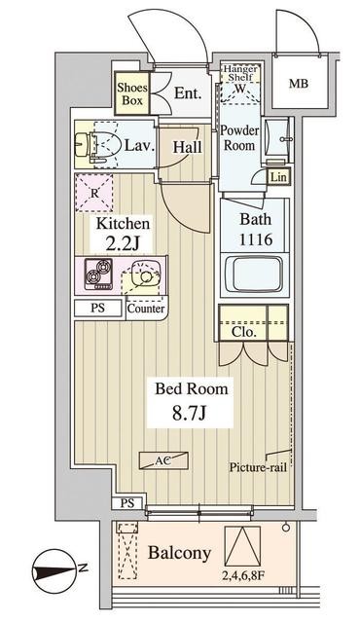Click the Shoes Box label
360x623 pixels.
132,93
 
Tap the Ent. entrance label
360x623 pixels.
188,93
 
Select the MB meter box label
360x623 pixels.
299,84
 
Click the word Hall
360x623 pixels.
188,147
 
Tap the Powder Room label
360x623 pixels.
239,137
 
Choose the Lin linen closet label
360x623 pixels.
278,177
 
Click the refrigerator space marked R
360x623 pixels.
94,193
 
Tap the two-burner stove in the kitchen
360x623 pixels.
98,272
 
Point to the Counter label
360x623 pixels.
146,309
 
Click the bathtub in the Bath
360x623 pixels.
254,274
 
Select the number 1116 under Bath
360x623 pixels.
256,239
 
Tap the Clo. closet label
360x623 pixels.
243,332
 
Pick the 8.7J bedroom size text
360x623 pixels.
189,414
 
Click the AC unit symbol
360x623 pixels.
163,460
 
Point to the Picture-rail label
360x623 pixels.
258,467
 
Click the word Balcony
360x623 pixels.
179,553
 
